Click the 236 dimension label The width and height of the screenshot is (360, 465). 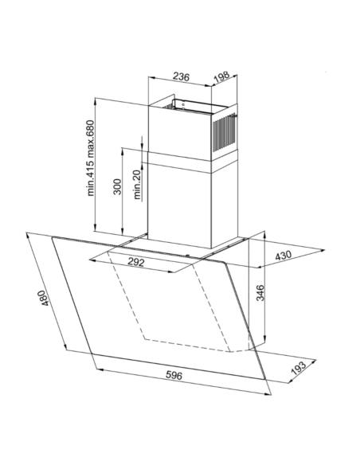tap(181, 76)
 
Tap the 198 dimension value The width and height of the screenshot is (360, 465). tap(221, 76)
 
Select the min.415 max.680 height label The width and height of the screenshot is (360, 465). tap(91, 158)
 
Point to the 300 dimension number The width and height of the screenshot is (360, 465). tap(118, 186)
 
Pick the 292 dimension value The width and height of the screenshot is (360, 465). tap(136, 262)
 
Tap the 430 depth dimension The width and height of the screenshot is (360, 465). tap(284, 256)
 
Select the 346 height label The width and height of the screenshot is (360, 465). tap(260, 292)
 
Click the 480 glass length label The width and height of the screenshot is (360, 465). tap(43, 298)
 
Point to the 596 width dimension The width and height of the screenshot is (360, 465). tap(174, 375)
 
